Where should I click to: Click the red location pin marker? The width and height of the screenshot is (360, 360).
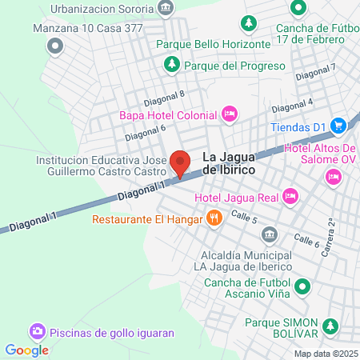click(x=181, y=162)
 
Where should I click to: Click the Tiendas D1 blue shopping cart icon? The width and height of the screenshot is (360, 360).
click(x=338, y=126)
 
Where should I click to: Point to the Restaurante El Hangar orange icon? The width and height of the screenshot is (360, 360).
click(x=214, y=218)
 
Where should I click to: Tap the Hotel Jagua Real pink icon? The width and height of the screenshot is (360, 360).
click(x=290, y=194)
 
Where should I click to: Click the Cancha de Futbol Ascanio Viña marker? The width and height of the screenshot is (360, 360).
click(x=302, y=286)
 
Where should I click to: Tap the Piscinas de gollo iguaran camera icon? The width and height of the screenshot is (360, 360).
click(x=37, y=330)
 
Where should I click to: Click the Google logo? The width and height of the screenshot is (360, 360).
click(x=26, y=350)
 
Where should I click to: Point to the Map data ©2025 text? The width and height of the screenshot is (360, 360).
click(x=326, y=354)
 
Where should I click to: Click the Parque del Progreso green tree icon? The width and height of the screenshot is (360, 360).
click(x=170, y=65)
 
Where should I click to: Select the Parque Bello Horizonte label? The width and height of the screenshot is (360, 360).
click(x=214, y=44)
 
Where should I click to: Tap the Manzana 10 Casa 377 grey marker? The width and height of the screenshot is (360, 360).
click(x=55, y=46)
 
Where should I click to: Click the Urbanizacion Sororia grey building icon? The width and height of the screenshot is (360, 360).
click(x=166, y=9)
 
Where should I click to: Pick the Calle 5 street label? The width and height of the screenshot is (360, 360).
click(x=243, y=217)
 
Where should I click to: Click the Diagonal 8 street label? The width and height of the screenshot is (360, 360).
click(x=164, y=98)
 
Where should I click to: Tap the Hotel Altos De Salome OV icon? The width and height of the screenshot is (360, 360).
click(x=331, y=176)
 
